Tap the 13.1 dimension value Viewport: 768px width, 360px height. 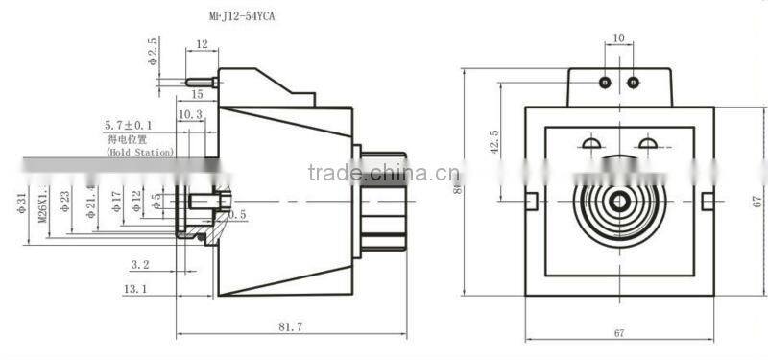(136, 288)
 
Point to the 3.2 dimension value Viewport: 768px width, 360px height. (138, 262)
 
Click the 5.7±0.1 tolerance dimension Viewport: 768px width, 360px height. (129, 126)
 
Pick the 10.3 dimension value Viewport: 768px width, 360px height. (190, 114)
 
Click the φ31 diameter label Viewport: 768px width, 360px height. (20, 204)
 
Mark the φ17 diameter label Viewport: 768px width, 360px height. (115, 202)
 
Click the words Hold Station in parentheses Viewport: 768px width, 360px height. (140, 152)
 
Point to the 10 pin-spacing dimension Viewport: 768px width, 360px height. (617, 39)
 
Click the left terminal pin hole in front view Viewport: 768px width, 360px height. (604, 83)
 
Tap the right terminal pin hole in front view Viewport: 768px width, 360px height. (632, 83)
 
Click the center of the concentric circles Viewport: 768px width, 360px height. (617, 201)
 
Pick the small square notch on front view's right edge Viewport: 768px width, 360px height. (708, 200)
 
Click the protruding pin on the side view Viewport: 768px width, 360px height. (200, 83)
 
